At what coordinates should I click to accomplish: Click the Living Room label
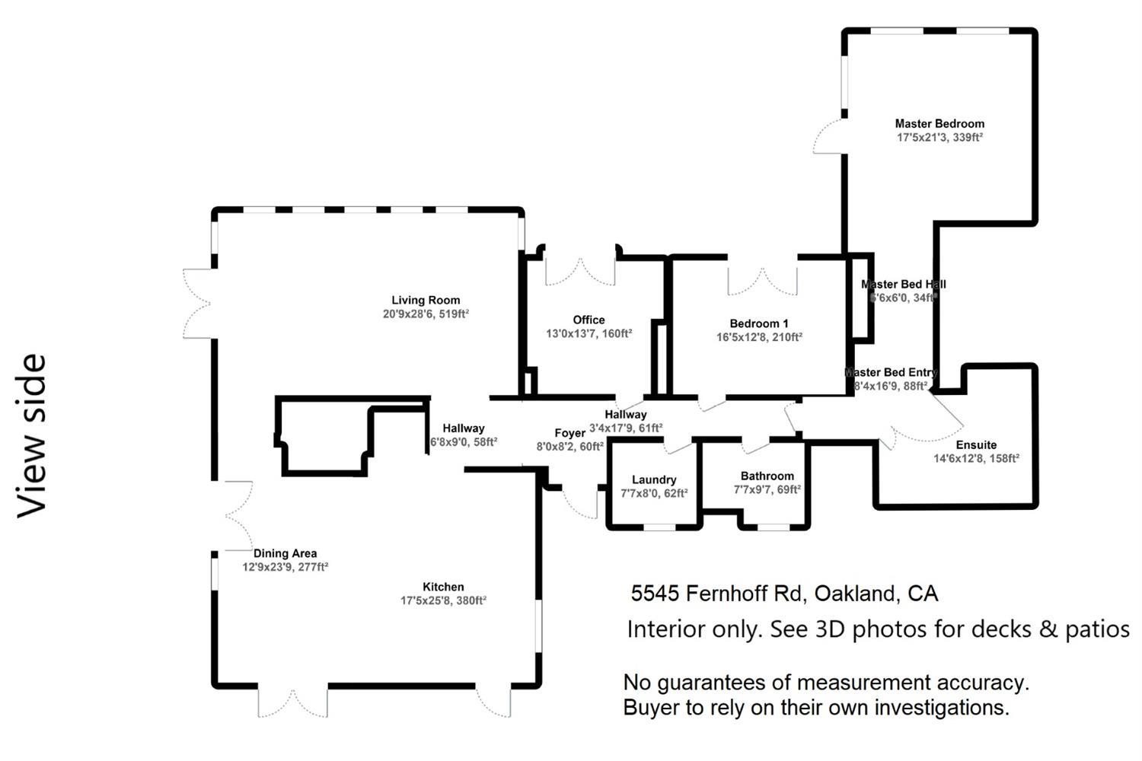426,300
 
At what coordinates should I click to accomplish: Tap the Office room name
589,320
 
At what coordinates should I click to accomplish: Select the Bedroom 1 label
758,323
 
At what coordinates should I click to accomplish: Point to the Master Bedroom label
939,123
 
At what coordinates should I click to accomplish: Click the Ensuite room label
976,444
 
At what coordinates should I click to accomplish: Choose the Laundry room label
654,479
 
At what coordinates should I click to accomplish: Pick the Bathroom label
767,476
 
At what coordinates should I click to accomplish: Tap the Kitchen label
443,587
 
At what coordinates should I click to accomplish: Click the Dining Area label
285,553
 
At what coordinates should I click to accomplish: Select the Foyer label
569,433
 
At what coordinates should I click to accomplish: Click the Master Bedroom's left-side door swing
828,137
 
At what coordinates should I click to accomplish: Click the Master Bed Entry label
891,372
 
